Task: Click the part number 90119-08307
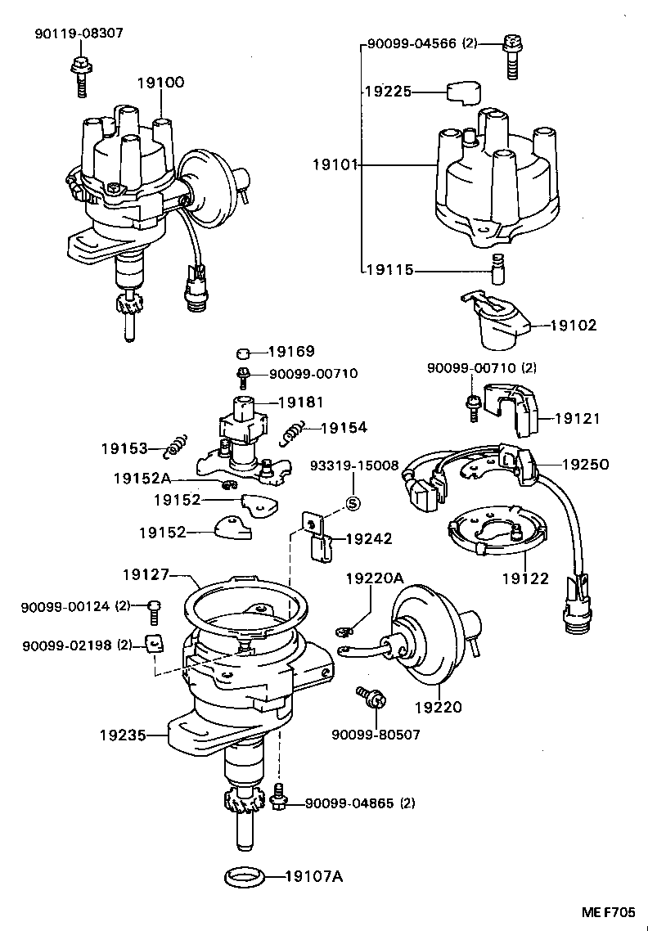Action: tap(79, 34)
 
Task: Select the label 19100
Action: tap(160, 82)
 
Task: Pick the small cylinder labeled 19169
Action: tap(241, 353)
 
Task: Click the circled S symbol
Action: tap(353, 503)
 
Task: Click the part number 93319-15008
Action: tap(353, 465)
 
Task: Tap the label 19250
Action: tap(585, 463)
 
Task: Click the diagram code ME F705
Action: tap(608, 912)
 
